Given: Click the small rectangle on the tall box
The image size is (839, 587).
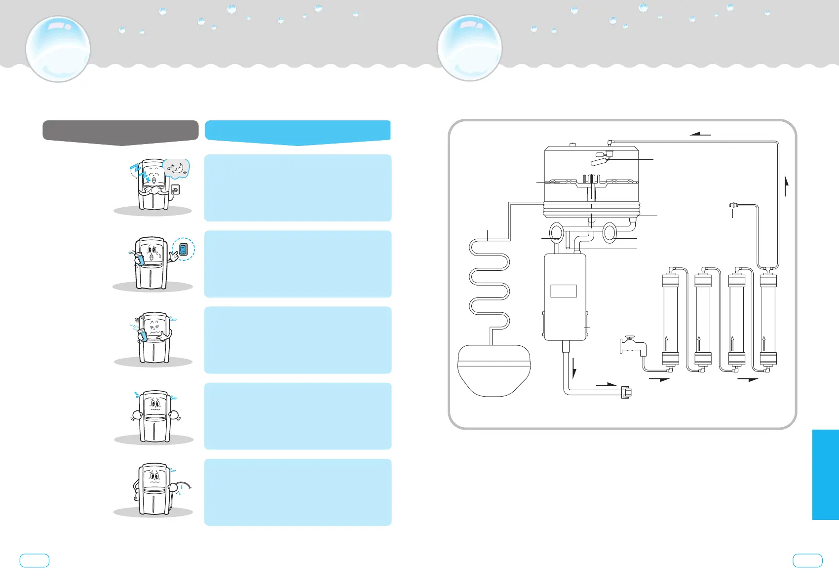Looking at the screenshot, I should click(564, 291).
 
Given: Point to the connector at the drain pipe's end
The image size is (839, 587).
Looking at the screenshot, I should click(626, 393).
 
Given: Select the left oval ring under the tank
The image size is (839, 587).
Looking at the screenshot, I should click(556, 232).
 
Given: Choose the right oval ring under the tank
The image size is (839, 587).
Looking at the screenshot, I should click(610, 233).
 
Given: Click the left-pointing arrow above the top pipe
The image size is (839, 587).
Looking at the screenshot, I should click(700, 133).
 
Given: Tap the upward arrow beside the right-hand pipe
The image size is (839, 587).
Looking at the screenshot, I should click(786, 186).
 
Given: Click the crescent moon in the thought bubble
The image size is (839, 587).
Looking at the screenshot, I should click(178, 169).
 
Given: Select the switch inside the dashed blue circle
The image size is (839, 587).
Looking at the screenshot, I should click(183, 250).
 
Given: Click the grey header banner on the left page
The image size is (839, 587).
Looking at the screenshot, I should click(120, 132).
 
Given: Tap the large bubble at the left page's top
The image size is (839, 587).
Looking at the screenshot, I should click(58, 49).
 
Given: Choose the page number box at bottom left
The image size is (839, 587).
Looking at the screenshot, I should click(35, 560).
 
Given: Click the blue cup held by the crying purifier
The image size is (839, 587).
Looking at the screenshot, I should click(139, 259).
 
